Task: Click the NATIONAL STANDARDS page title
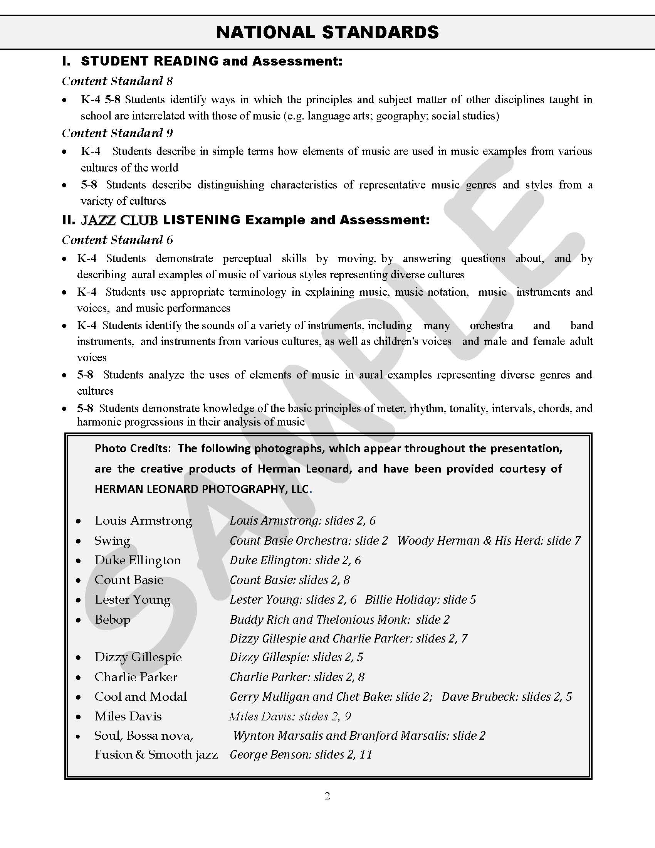pos(327,32)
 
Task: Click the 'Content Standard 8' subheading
pos(117,81)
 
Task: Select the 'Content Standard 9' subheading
pos(117,133)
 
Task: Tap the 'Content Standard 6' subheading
pos(117,240)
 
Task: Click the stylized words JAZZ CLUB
pos(119,220)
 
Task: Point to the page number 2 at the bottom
pos(327,796)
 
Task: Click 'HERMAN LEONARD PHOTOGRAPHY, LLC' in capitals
pos(202,489)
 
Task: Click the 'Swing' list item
pos(112,540)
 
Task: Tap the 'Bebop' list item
pos(113,619)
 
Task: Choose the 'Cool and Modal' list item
pos(141,697)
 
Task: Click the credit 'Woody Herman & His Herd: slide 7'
pos(489,540)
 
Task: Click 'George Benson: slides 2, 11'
pos(301,754)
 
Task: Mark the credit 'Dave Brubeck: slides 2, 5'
pos(507,697)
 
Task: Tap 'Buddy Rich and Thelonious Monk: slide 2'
pos(339,619)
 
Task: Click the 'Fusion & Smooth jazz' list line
pos(156,754)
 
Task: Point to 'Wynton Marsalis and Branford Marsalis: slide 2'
pos(359,735)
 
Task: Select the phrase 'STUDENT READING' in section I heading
pos(150,61)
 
